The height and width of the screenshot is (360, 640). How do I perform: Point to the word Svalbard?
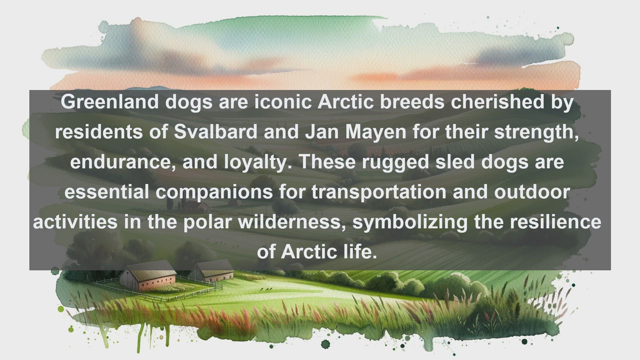click(216, 132)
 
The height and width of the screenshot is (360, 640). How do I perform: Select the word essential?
click(107, 192)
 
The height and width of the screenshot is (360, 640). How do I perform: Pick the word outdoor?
click(532, 192)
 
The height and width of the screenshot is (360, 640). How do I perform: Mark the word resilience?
click(556, 222)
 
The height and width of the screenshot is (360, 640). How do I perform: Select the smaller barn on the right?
click(211, 271)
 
